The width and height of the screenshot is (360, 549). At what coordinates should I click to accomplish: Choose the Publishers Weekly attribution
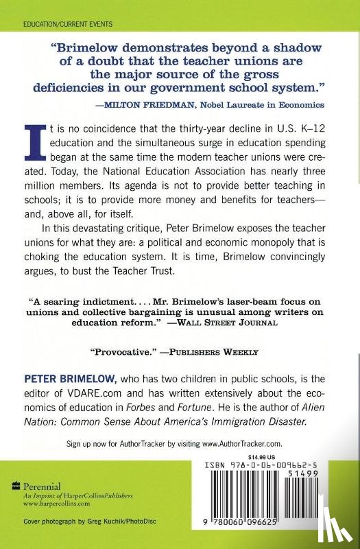coord(215,352)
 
